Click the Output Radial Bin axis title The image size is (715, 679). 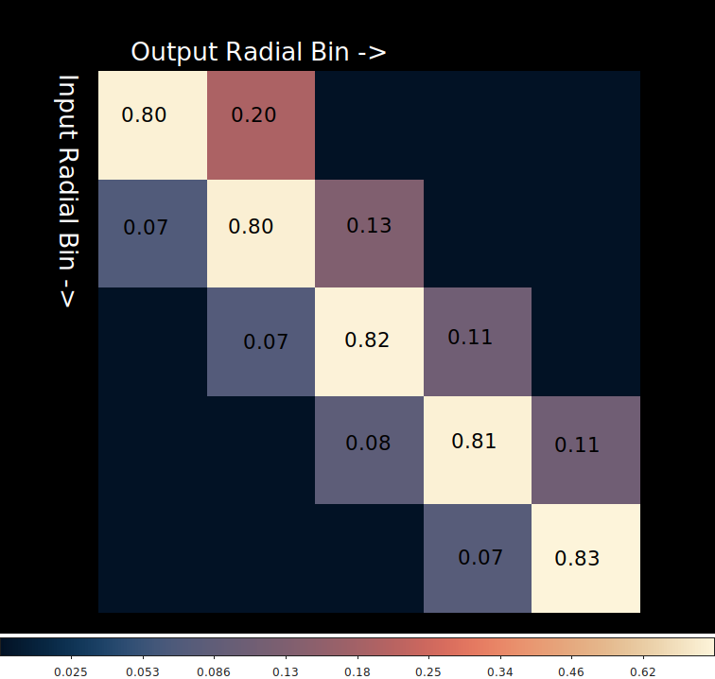[258, 52]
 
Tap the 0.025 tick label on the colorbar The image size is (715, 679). [71, 671]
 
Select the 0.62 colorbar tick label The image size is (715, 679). [642, 671]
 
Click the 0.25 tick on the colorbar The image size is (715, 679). [428, 671]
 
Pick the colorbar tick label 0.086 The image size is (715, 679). [214, 671]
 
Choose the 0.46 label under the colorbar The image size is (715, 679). [571, 671]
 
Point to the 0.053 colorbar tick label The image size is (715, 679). [143, 671]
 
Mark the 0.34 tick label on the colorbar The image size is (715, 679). [499, 671]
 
